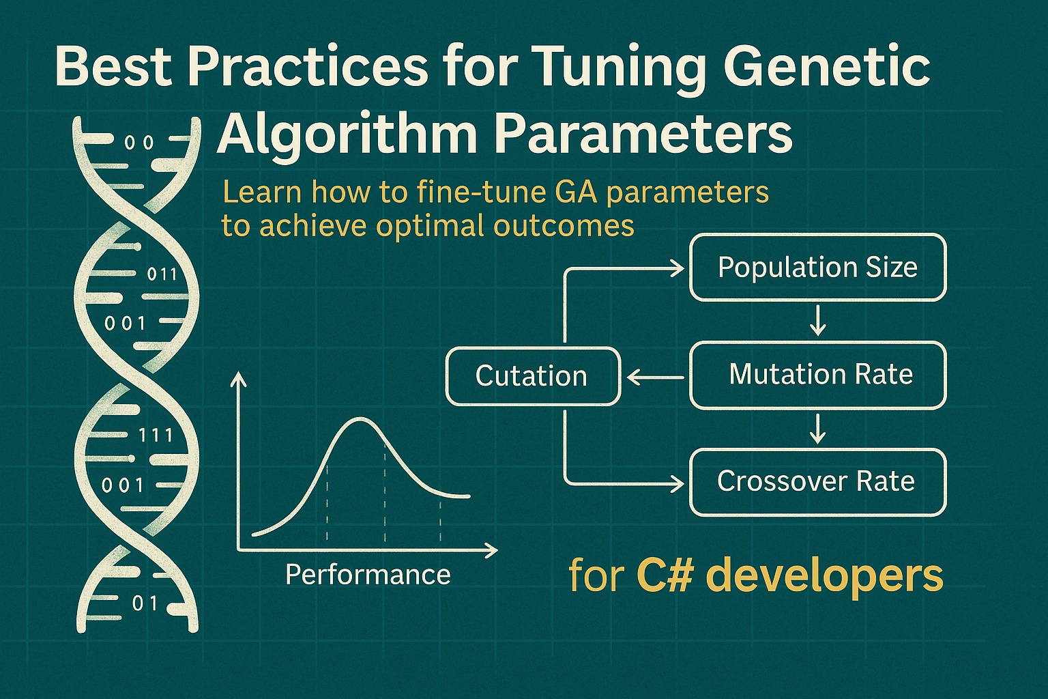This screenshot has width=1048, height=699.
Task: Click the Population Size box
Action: pyautogui.click(x=817, y=267)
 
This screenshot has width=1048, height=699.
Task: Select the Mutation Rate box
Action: pyautogui.click(x=817, y=375)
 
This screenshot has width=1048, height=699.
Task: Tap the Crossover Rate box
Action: pyautogui.click(x=817, y=482)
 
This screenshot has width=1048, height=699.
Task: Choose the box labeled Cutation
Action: pyautogui.click(x=532, y=376)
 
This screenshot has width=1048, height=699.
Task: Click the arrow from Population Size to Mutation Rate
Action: pyautogui.click(x=817, y=321)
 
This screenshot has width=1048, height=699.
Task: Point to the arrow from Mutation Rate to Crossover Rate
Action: pyautogui.click(x=817, y=429)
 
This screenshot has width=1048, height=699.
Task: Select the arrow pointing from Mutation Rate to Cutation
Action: pyautogui.click(x=655, y=377)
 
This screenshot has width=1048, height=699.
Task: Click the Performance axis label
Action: pyautogui.click(x=368, y=575)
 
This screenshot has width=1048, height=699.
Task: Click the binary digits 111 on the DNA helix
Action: pyautogui.click(x=156, y=435)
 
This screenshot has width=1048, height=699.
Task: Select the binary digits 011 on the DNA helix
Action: pyautogui.click(x=162, y=274)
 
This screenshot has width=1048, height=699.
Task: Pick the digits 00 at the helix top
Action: pyautogui.click(x=139, y=143)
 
